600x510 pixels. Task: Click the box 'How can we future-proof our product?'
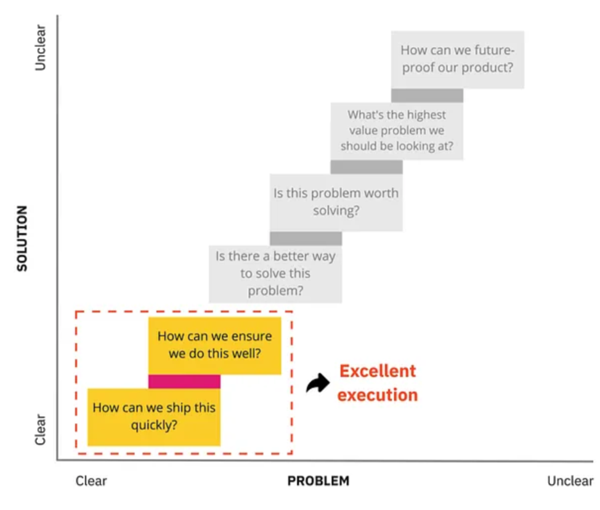click(457, 59)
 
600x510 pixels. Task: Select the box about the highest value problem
click(397, 131)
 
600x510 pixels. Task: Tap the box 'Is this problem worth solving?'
click(336, 202)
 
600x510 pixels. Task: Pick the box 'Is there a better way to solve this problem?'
click(275, 273)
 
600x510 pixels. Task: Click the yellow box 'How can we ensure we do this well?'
click(214, 345)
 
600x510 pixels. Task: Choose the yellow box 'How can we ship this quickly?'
click(154, 416)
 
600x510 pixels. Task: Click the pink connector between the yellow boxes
click(184, 381)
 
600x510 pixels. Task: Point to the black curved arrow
click(318, 384)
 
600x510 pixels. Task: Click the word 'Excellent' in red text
click(378, 371)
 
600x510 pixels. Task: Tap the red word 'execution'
click(378, 395)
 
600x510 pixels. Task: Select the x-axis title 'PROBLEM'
click(318, 481)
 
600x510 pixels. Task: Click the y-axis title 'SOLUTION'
click(22, 238)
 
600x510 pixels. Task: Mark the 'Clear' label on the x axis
click(91, 481)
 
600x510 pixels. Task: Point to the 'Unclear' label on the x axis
click(570, 481)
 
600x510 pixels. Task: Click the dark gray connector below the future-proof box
click(427, 96)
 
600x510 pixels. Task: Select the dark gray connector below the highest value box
click(367, 167)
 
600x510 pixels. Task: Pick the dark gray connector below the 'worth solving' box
click(306, 239)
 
